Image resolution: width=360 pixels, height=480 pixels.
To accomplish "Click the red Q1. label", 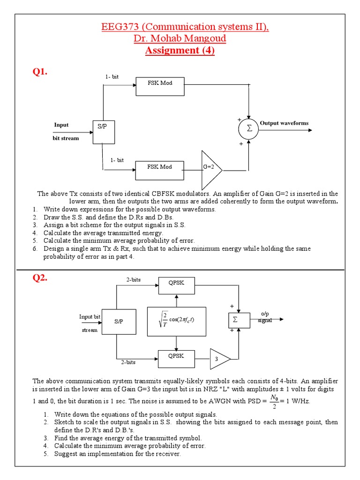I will click(40, 72).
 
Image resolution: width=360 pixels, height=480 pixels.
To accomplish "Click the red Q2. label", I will click(40, 278).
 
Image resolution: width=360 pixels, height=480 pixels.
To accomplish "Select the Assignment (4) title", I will click(180, 51).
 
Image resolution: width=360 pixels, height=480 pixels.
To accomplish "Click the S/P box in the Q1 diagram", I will click(104, 132).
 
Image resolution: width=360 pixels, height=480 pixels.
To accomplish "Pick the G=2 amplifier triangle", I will click(210, 169).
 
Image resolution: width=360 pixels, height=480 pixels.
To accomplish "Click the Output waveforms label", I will click(284, 123).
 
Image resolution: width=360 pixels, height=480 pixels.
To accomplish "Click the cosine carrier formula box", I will click(176, 322).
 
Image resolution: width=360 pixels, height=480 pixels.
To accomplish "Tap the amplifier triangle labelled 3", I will click(219, 360).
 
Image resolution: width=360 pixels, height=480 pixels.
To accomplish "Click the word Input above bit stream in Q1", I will click(61, 125).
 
